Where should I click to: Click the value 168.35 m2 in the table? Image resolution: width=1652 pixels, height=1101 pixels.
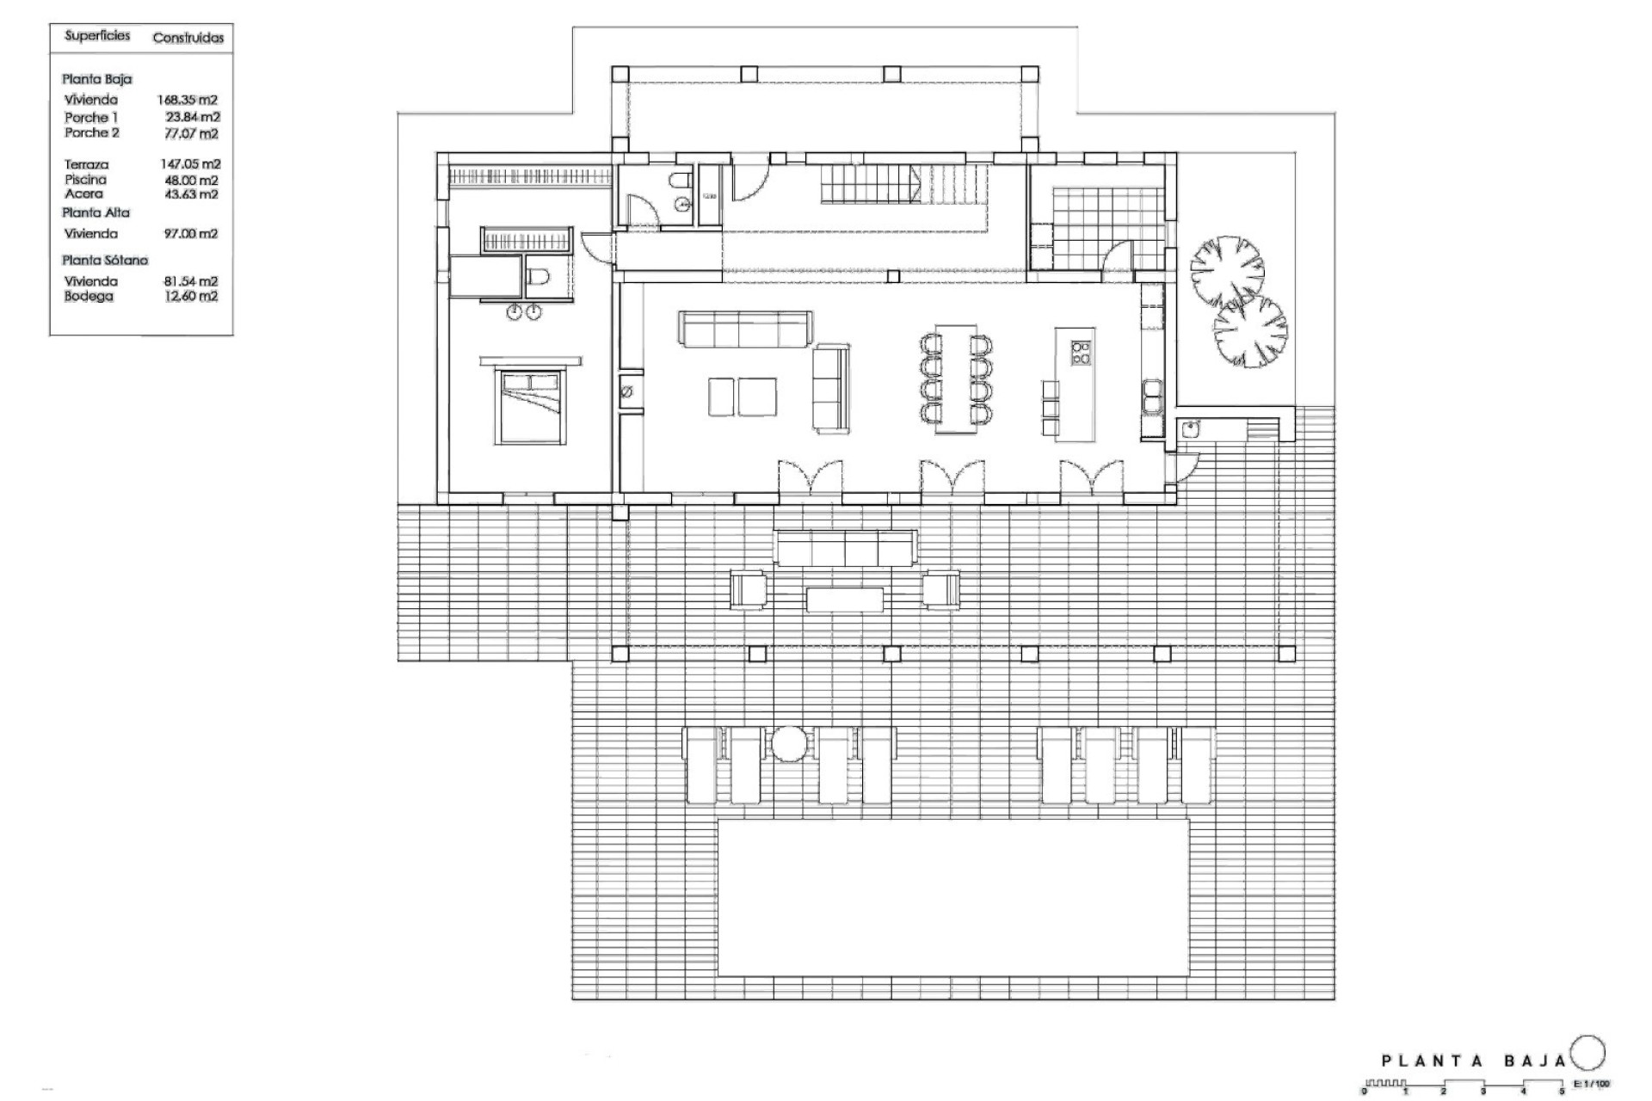pyautogui.click(x=187, y=100)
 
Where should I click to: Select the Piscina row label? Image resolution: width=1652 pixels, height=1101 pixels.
pyautogui.click(x=85, y=180)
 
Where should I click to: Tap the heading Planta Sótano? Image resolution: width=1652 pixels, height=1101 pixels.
pyautogui.click(x=105, y=260)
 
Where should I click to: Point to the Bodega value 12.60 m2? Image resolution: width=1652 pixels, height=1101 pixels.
pyautogui.click(x=190, y=297)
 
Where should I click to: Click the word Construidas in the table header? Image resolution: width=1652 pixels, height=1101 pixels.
pyautogui.click(x=188, y=38)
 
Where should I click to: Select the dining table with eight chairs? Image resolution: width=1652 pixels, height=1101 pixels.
pyautogui.click(x=956, y=378)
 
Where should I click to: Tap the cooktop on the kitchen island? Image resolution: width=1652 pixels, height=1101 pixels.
pyautogui.click(x=1080, y=353)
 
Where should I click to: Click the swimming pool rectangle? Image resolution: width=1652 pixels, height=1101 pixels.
pyautogui.click(x=952, y=897)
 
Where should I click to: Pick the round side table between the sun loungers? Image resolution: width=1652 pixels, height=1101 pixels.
pyautogui.click(x=788, y=743)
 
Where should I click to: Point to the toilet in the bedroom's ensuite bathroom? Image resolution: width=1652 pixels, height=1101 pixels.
pyautogui.click(x=537, y=277)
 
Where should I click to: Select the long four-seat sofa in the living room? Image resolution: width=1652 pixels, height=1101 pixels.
pyautogui.click(x=744, y=329)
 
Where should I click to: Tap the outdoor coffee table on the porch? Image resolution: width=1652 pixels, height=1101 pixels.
pyautogui.click(x=844, y=600)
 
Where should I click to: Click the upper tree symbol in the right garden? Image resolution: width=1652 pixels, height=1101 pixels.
pyautogui.click(x=1227, y=270)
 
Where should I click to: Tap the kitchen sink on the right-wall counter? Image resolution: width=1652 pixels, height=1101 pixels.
pyautogui.click(x=1151, y=398)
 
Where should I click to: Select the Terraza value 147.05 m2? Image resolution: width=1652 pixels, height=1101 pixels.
pyautogui.click(x=190, y=164)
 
